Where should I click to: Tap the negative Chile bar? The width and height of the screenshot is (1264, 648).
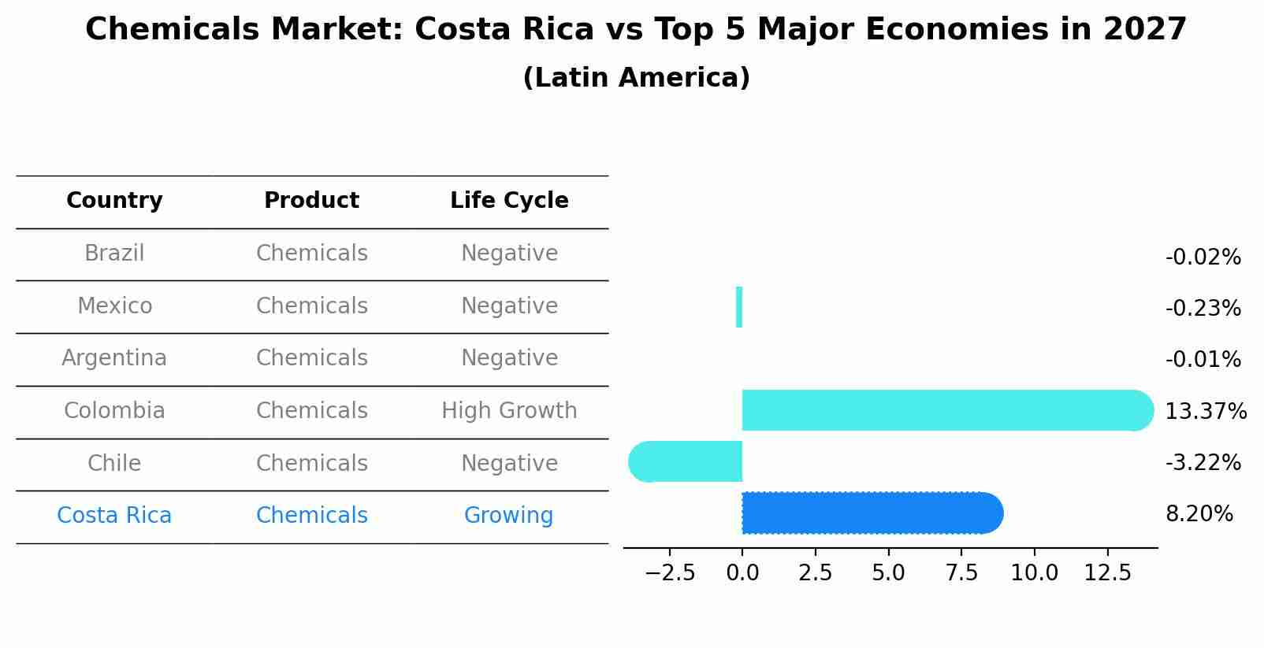tap(686, 461)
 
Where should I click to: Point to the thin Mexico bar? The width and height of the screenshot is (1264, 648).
tap(739, 307)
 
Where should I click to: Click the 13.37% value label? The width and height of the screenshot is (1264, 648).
tap(1205, 411)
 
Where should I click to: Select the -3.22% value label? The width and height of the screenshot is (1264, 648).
tap(1203, 462)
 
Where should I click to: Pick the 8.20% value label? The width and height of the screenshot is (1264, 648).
tap(1199, 514)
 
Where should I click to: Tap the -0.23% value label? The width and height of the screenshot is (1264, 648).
tap(1203, 308)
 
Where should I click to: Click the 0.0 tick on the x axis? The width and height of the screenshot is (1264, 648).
tap(742, 572)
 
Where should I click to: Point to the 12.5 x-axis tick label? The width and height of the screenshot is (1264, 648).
tap(1107, 572)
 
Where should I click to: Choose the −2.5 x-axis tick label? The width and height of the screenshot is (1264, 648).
tap(670, 572)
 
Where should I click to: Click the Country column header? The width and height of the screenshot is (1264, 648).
tap(114, 201)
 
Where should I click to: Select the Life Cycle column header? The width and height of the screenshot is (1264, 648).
tap(509, 201)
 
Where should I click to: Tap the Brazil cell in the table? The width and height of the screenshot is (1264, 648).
tap(114, 254)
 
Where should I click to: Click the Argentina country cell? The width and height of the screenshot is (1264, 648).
tap(114, 358)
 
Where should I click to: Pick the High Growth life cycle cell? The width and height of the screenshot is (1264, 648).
tap(509, 411)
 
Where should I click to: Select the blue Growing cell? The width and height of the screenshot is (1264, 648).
tap(508, 516)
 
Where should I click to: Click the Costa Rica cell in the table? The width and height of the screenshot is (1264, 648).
tap(114, 516)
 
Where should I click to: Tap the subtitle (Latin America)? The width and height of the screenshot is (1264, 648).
tap(636, 78)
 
